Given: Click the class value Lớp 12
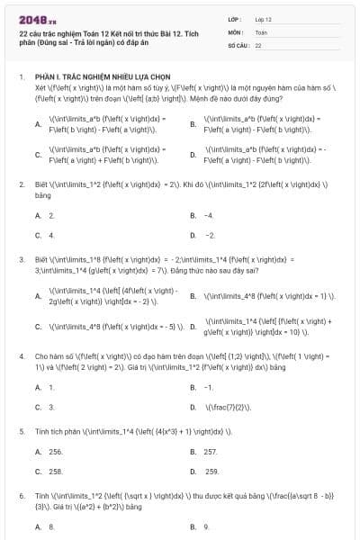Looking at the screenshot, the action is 264,19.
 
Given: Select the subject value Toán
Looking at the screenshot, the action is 261,31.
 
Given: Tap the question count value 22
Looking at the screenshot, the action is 258,45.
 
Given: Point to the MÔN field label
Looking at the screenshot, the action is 236,31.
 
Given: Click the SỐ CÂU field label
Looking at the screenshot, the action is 238,45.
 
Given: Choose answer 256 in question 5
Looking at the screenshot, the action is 56,452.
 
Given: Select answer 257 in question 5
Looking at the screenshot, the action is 211,452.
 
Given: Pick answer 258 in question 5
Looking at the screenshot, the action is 56,471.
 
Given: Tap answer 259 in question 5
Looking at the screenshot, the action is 211,472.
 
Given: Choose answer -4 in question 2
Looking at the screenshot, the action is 209,216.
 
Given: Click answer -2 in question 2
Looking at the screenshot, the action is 210,235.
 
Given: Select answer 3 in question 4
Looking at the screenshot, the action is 51,407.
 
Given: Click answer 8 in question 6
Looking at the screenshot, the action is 51,527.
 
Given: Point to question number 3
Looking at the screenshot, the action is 21,258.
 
